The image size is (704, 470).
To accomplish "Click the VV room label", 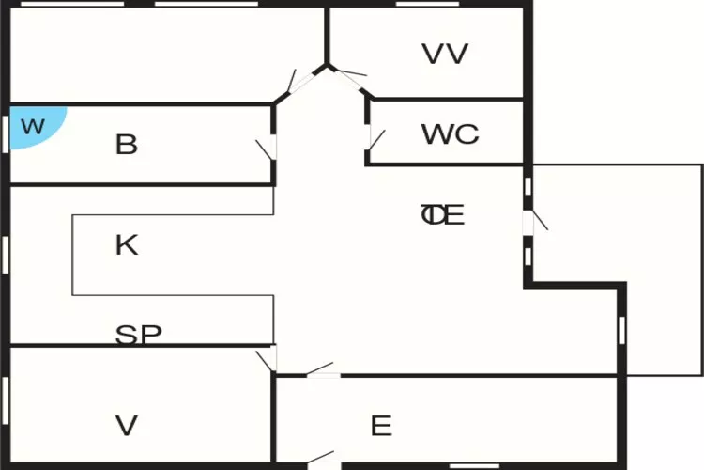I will click(445, 54).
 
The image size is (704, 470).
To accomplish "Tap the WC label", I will click(450, 134).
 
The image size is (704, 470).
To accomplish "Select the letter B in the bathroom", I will click(126, 145).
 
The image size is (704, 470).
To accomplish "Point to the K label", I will click(126, 245).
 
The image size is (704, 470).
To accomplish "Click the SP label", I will click(138, 334).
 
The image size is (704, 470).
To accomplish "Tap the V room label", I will click(126, 427).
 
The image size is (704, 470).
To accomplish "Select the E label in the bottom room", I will click(380, 427).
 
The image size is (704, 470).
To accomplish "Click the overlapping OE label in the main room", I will click(442, 215).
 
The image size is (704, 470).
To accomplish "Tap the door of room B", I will click(268, 149).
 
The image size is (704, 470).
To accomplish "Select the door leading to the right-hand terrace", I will click(532, 222).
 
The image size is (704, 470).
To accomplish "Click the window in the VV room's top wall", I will click(421, 5).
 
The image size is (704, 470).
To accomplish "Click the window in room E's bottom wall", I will click(474, 465).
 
